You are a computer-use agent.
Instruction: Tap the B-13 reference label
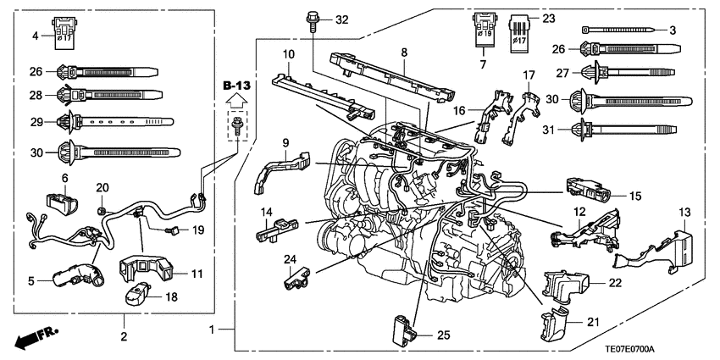click(236, 86)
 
